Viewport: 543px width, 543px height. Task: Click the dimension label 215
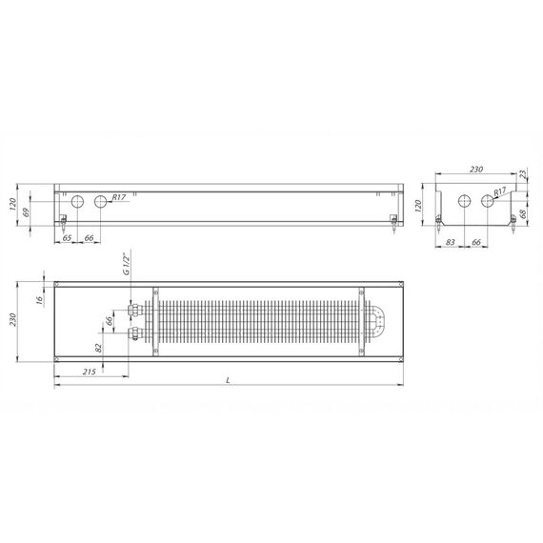(89, 372)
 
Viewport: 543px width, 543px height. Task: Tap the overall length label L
(228, 380)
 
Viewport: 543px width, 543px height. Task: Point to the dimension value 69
(26, 212)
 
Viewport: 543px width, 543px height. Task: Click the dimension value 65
(67, 238)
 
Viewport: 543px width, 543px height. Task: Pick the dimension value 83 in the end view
(450, 242)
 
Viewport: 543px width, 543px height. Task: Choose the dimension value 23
(524, 173)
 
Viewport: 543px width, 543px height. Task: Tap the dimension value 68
(523, 213)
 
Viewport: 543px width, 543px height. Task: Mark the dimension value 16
(40, 299)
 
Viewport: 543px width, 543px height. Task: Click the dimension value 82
(99, 348)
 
